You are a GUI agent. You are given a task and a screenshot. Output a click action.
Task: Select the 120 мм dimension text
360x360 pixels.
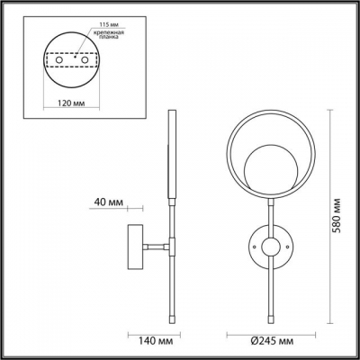71,103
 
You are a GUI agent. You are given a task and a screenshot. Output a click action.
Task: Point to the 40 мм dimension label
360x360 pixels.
109,202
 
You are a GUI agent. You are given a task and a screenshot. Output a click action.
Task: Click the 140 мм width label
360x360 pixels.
156,341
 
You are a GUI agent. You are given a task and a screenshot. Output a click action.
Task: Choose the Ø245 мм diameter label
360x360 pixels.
272,341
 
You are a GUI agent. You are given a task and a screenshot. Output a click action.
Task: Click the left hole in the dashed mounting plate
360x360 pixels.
59,60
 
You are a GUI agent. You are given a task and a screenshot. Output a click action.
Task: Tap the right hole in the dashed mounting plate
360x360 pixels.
85,60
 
